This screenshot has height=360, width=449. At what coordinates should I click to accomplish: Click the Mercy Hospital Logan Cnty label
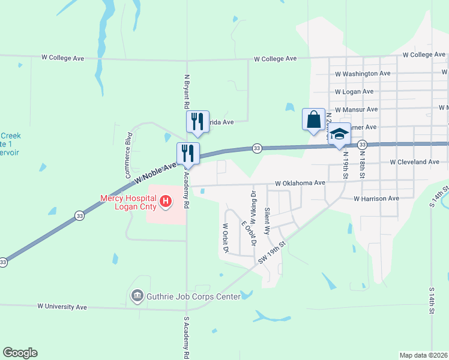click(x=128, y=202)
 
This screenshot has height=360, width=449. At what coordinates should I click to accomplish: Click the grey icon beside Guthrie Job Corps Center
click(x=137, y=296)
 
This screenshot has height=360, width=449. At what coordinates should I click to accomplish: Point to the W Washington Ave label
click(x=363, y=74)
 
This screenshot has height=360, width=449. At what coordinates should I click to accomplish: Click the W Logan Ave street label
click(x=354, y=92)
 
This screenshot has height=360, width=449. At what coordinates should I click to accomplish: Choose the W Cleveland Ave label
click(x=414, y=162)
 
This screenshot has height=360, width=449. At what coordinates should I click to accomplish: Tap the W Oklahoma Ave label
click(x=300, y=183)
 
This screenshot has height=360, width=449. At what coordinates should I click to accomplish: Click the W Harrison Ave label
click(x=376, y=199)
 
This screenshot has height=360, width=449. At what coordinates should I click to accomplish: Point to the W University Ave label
click(x=62, y=307)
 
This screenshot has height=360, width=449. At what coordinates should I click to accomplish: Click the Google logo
click(x=20, y=353)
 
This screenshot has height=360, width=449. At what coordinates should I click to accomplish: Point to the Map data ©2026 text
click(x=423, y=355)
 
